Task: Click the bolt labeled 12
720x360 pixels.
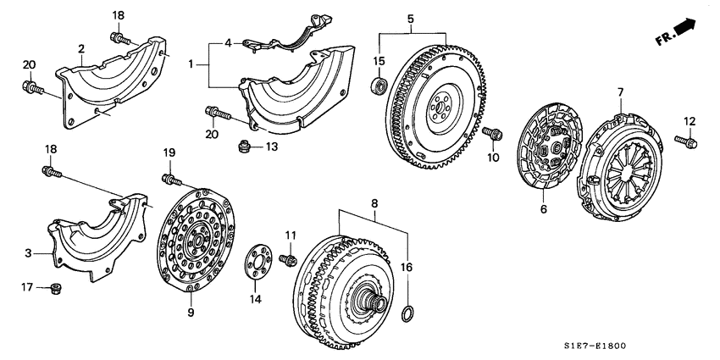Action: coord(686,141)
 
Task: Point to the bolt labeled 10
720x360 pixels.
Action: coord(492,132)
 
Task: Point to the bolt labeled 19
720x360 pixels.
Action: coord(174,180)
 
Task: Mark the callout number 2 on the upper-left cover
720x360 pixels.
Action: coord(81,49)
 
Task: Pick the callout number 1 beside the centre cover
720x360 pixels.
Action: coord(192,63)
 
